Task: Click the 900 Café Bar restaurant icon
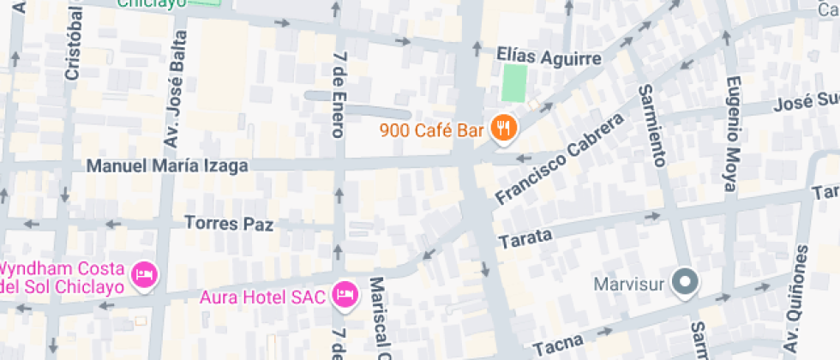[502, 130]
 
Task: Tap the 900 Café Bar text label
[432, 131]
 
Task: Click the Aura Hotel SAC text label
[262, 297]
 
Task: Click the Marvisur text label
[631, 282]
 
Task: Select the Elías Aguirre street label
[549, 57]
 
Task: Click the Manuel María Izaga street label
[168, 165]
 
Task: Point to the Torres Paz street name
[229, 224]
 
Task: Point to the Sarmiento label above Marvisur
[653, 125]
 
